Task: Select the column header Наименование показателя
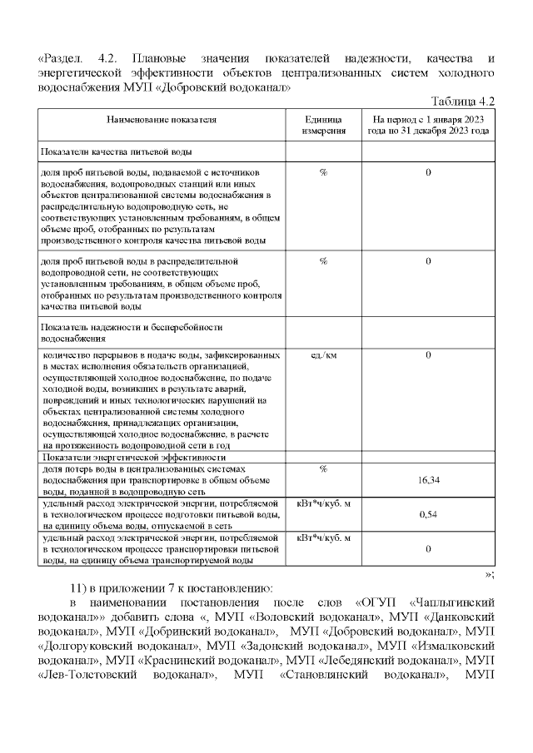coord(162,120)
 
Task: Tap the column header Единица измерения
coord(323,126)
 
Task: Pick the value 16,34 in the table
coord(429,480)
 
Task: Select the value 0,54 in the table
coord(428,515)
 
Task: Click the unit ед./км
coord(323,355)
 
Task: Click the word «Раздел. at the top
coord(67,58)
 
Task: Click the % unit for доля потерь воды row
coord(323,469)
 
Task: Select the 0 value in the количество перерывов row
coord(428,355)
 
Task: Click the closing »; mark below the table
coord(490,573)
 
